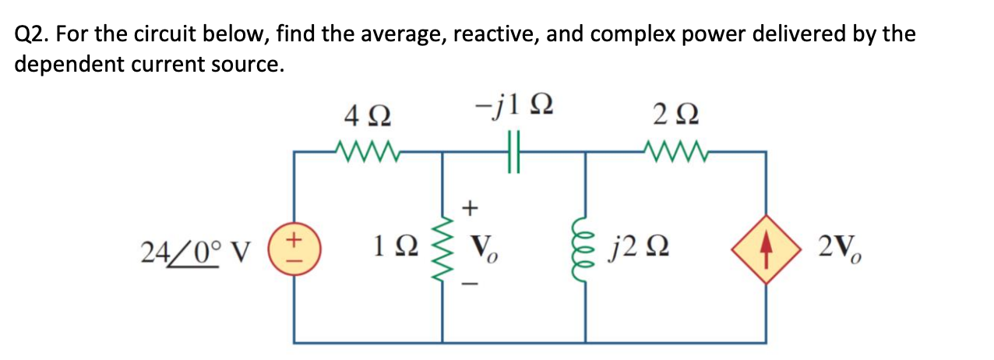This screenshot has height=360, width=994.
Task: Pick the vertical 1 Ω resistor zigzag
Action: (444, 249)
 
